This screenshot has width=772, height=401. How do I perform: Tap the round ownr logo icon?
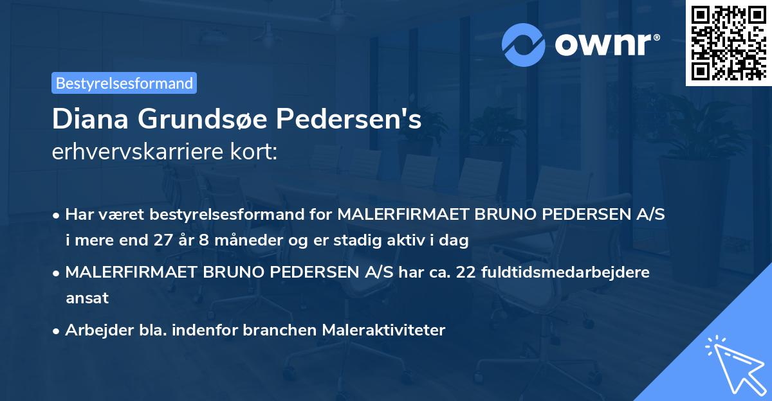tap(524, 44)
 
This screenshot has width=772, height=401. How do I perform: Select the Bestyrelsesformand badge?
tap(124, 83)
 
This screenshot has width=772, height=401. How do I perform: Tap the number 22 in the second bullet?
tap(467, 272)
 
